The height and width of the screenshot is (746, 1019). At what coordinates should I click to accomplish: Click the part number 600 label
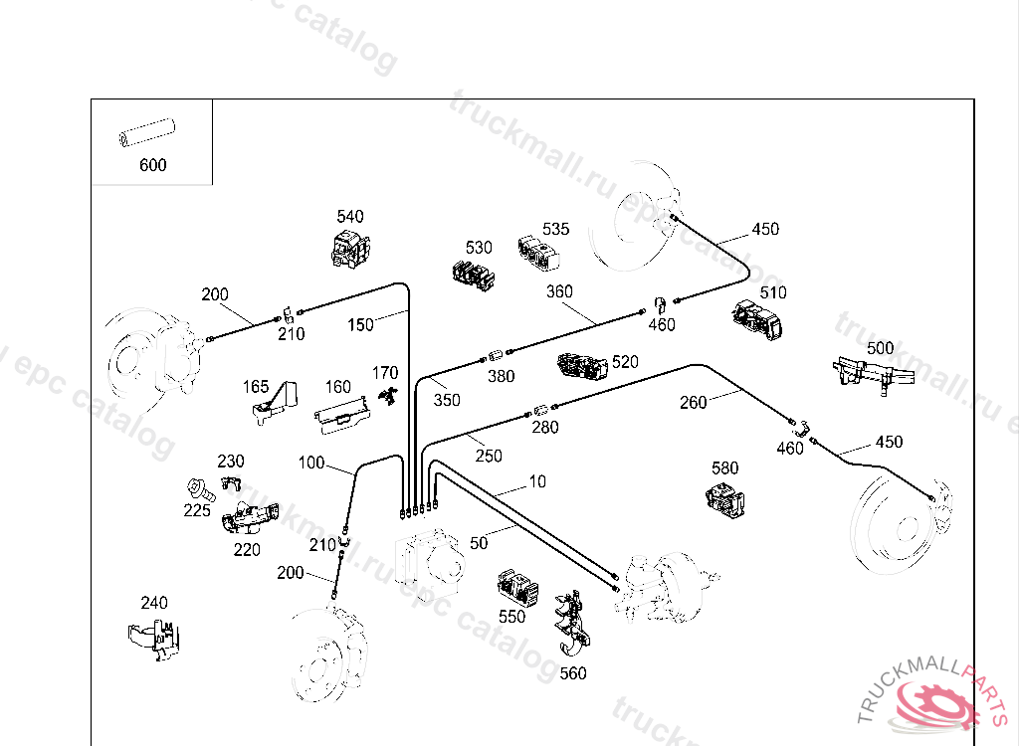(x=152, y=165)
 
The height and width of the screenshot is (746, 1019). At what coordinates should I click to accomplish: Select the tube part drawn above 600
(x=147, y=132)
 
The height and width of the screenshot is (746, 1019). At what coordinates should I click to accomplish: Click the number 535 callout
(x=555, y=229)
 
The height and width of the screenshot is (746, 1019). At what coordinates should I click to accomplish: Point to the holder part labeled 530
(x=473, y=276)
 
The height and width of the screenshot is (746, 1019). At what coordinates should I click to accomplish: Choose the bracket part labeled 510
(x=757, y=319)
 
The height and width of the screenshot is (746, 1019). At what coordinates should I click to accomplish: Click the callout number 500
(x=880, y=348)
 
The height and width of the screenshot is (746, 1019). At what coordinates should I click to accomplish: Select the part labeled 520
(x=582, y=367)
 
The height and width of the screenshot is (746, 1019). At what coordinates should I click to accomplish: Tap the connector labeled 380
(x=497, y=356)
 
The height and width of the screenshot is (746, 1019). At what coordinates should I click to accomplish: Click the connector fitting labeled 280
(x=541, y=411)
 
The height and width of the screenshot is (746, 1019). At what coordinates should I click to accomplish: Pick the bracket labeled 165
(x=275, y=404)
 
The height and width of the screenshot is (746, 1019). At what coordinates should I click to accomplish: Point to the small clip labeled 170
(x=389, y=396)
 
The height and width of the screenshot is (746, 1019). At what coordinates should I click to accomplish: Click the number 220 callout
(x=247, y=550)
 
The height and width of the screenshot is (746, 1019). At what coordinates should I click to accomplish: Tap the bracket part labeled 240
(x=154, y=640)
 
